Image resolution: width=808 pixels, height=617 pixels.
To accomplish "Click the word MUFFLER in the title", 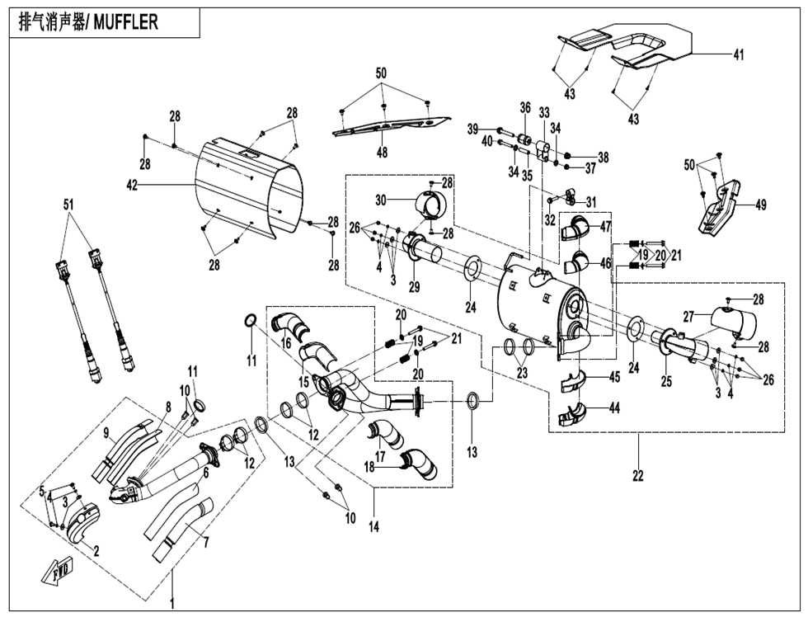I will tap(125, 23).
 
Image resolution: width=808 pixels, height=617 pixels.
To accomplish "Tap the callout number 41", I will tap(739, 54).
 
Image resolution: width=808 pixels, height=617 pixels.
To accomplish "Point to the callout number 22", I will tap(637, 476).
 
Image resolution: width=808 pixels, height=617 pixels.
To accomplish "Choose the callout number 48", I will tap(382, 153).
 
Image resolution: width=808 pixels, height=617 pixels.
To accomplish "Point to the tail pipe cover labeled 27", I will tap(733, 320).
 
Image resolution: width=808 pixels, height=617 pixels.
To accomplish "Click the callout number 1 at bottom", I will tap(172, 604).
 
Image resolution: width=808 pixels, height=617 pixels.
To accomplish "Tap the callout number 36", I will tap(524, 107).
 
